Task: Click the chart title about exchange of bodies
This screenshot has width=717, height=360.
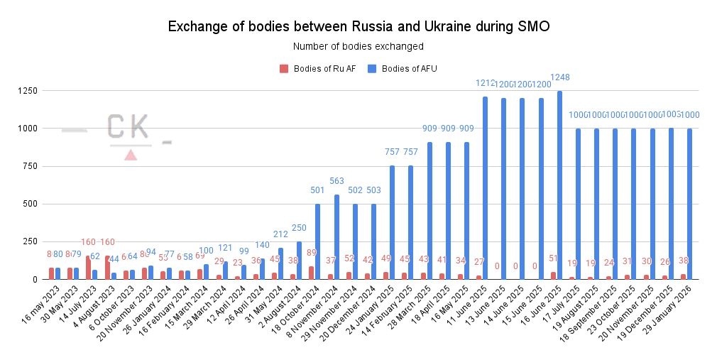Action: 358,27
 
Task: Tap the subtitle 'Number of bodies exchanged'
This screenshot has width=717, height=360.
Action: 358,47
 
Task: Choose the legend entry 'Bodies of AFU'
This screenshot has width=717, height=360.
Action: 404,69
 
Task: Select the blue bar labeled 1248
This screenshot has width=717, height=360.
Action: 559,185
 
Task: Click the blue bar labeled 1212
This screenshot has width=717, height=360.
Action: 485,187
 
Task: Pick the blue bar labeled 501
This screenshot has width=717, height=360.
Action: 317,241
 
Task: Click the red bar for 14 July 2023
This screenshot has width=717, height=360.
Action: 88,267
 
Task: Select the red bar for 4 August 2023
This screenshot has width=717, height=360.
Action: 107,267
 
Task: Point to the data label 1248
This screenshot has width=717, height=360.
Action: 559,77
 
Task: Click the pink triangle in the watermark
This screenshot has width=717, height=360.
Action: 131,155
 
